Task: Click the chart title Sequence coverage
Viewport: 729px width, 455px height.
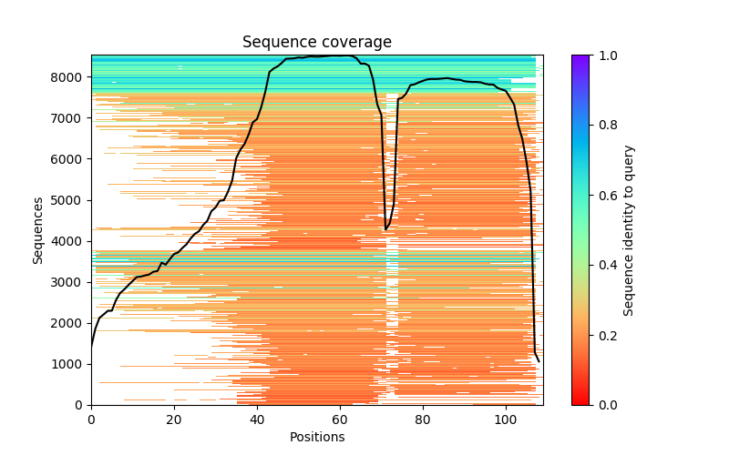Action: click(x=316, y=43)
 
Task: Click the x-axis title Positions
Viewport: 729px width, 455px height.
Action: click(x=316, y=437)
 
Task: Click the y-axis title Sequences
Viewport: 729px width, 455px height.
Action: click(x=38, y=229)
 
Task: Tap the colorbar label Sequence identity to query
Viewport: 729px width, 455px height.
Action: click(x=629, y=229)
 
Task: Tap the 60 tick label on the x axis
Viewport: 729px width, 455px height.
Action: click(x=340, y=419)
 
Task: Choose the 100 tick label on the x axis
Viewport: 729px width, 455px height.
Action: click(x=506, y=419)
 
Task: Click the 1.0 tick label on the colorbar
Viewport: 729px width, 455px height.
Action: click(x=604, y=56)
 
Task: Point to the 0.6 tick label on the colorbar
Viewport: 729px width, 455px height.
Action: click(x=604, y=196)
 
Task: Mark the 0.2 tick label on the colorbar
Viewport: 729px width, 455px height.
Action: click(x=604, y=335)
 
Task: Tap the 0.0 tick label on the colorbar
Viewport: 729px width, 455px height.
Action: click(x=604, y=405)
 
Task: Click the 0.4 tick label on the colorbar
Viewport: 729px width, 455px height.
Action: click(x=604, y=266)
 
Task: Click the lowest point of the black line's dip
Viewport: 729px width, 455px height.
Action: click(x=385, y=229)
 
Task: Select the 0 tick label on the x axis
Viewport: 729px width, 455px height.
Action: click(x=91, y=419)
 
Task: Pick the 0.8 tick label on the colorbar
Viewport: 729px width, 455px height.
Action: click(x=604, y=126)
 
